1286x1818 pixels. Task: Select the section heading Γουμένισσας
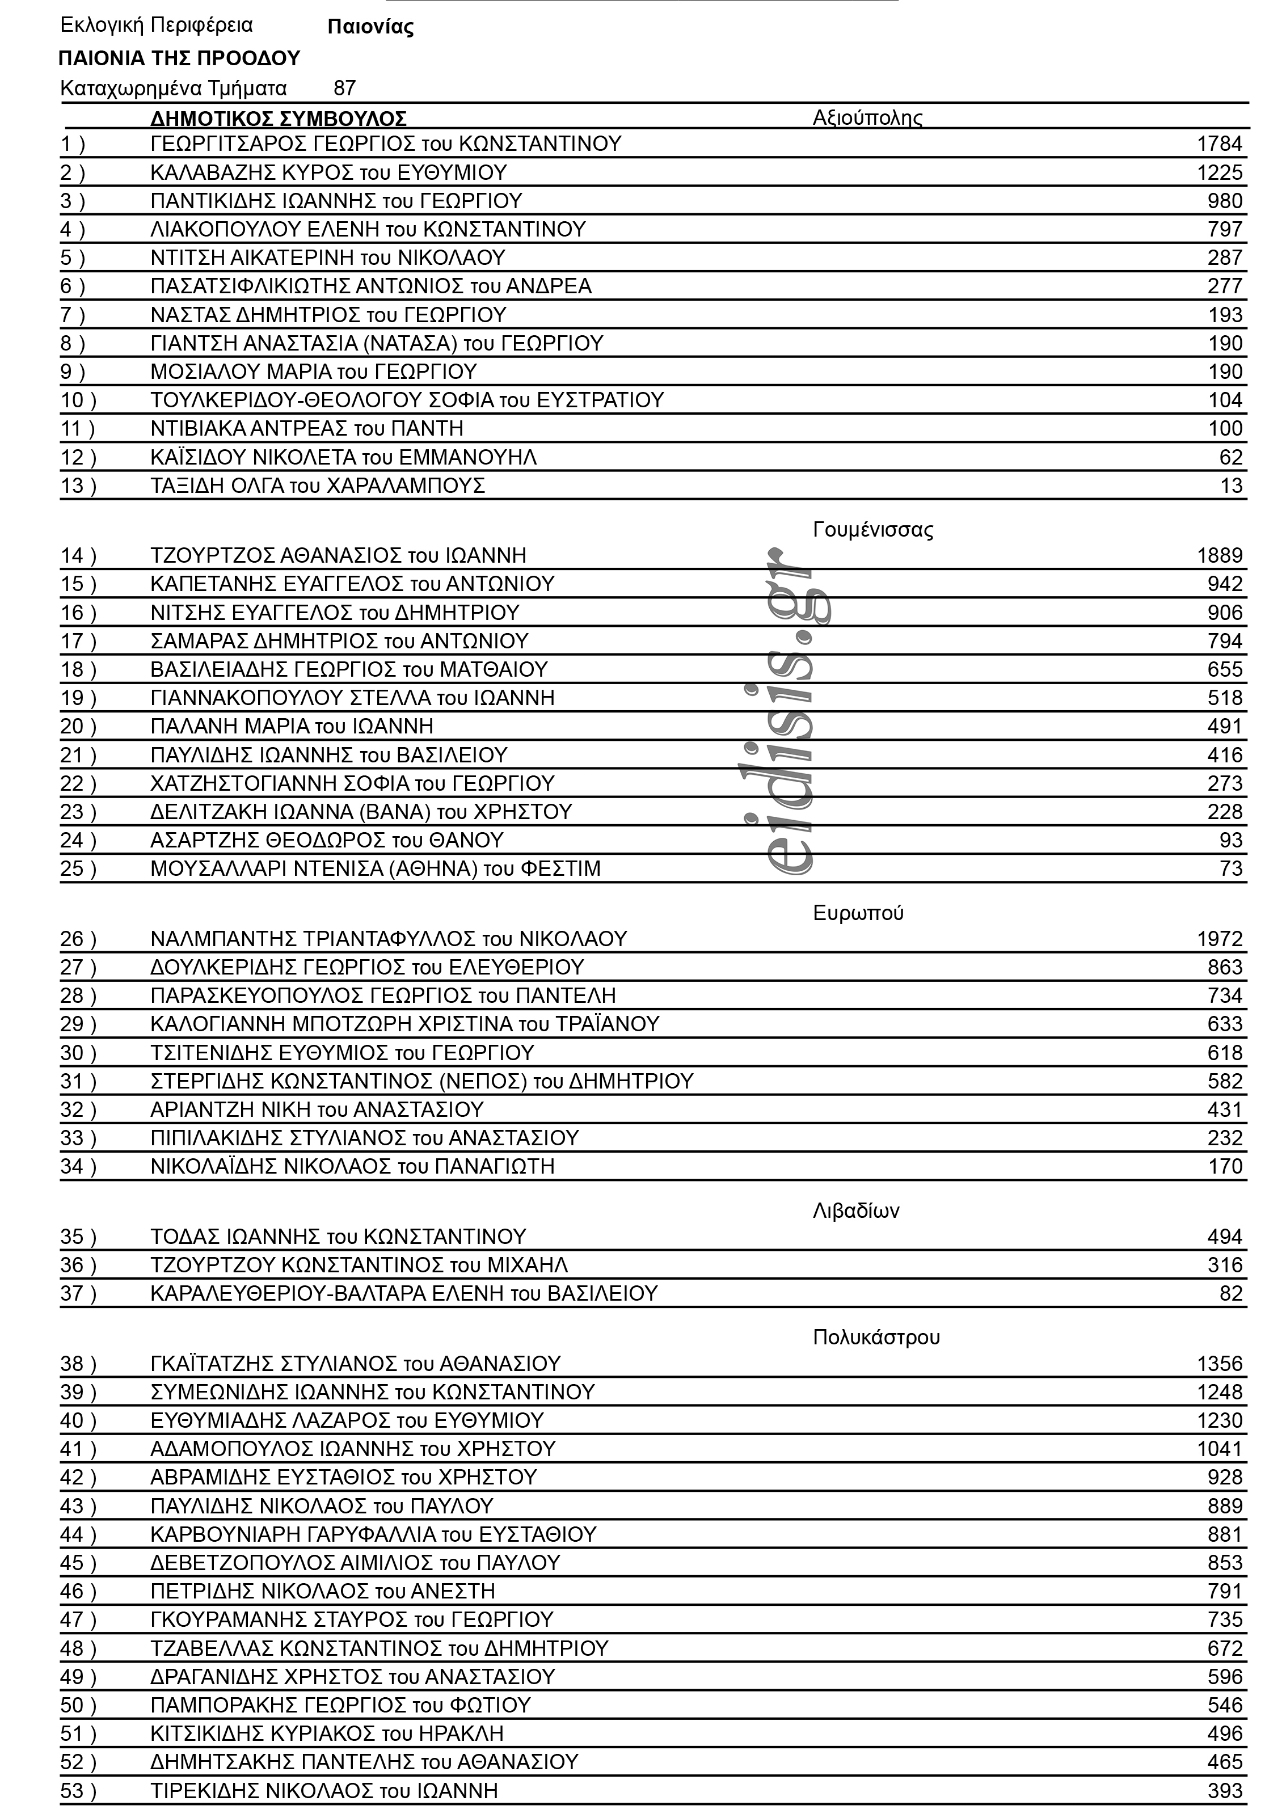(872, 530)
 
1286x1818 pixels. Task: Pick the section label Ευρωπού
(858, 913)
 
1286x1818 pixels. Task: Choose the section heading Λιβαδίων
(855, 1210)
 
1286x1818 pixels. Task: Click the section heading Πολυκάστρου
(876, 1338)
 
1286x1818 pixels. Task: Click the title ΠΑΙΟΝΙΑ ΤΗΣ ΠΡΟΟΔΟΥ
(180, 58)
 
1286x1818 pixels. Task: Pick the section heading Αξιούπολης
(867, 118)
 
